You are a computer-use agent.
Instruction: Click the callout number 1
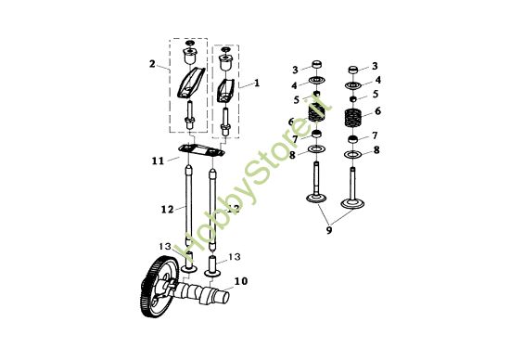tap(256, 84)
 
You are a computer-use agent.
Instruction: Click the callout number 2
tap(151, 64)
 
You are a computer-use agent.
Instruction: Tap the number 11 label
tap(159, 161)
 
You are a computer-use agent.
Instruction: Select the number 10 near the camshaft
tap(240, 279)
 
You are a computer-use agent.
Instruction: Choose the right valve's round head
tap(352, 203)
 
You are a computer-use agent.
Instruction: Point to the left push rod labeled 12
tap(189, 209)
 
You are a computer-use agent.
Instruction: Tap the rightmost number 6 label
tap(376, 109)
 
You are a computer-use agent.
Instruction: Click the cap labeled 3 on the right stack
tap(353, 71)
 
